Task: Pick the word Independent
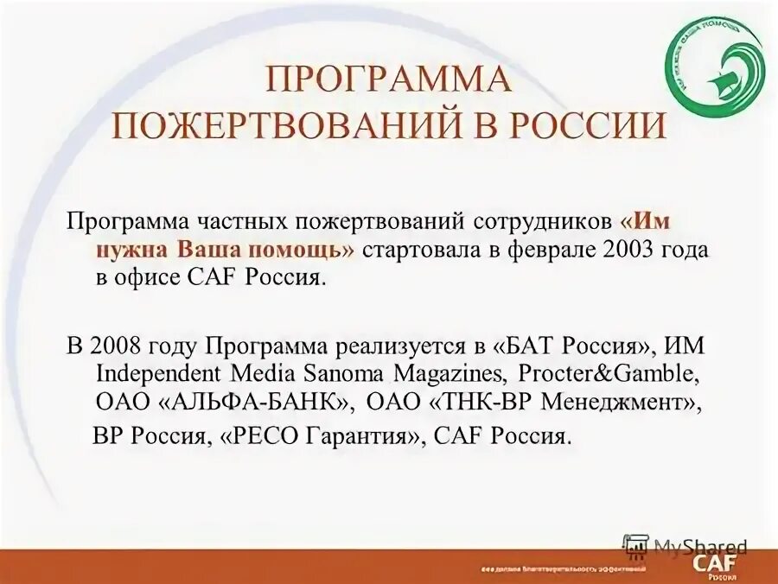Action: coord(162,376)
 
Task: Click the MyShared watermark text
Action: coord(700,547)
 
